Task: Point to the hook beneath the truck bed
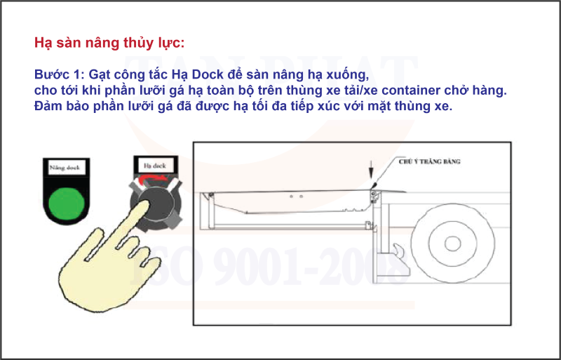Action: click(398, 251)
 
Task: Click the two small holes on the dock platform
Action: click(294, 199)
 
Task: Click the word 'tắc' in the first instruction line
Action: click(158, 74)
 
